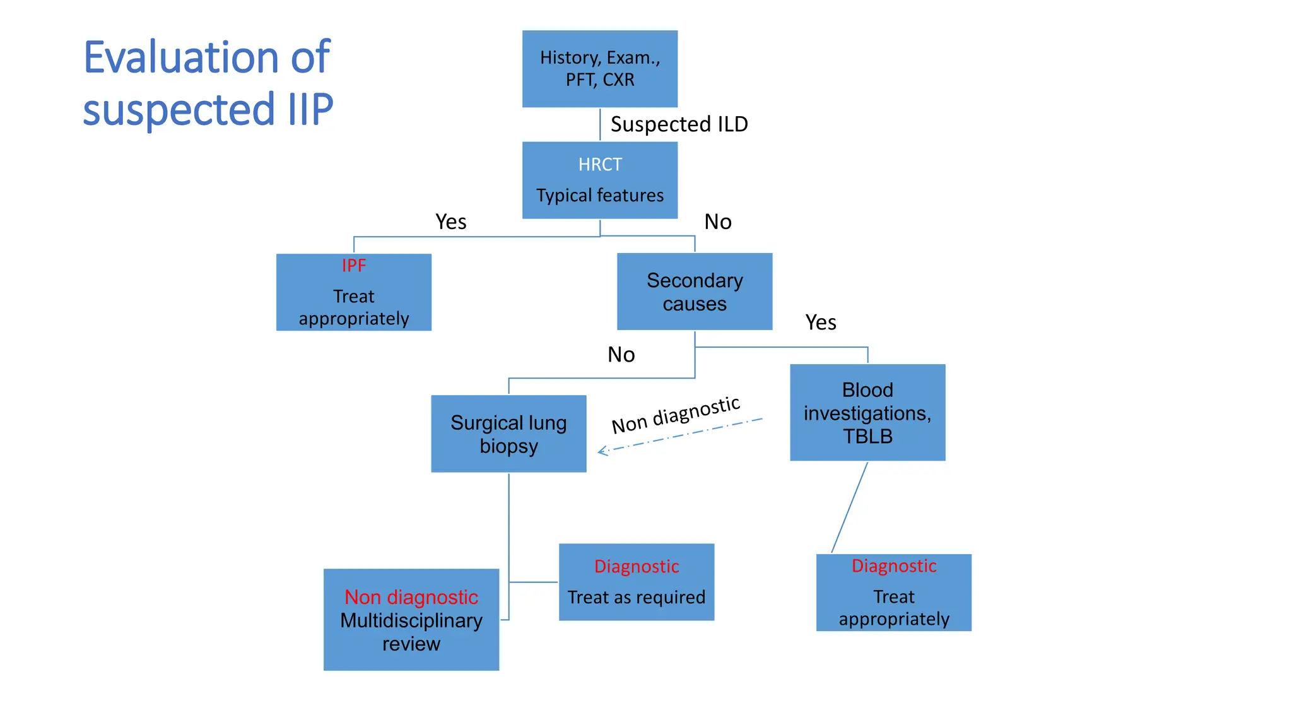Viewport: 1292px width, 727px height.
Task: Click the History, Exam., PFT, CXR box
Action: pos(599,69)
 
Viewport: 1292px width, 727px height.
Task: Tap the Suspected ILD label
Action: pos(679,124)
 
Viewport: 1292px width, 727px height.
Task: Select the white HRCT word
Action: pos(600,165)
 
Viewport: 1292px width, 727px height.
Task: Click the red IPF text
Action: pos(353,266)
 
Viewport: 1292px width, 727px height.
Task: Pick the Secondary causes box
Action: pos(694,292)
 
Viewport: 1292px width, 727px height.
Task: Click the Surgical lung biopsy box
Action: pos(508,434)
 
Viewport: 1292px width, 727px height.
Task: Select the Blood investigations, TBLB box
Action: pos(867,413)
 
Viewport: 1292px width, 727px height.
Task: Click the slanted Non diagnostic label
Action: pos(676,415)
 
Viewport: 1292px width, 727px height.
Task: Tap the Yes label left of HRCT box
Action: pos(450,222)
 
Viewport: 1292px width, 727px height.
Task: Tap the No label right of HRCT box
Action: pos(717,222)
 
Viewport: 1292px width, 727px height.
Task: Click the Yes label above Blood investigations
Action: pos(820,322)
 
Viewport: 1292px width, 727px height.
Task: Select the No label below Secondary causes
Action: pos(621,355)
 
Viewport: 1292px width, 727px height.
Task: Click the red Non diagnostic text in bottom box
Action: pos(411,597)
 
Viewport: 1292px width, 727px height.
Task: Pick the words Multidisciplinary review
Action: pos(411,632)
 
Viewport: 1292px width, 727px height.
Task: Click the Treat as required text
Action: pos(636,597)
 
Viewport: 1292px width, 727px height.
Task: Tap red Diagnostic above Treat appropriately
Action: pos(893,566)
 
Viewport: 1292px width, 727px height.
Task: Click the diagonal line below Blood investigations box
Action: pos(849,507)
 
